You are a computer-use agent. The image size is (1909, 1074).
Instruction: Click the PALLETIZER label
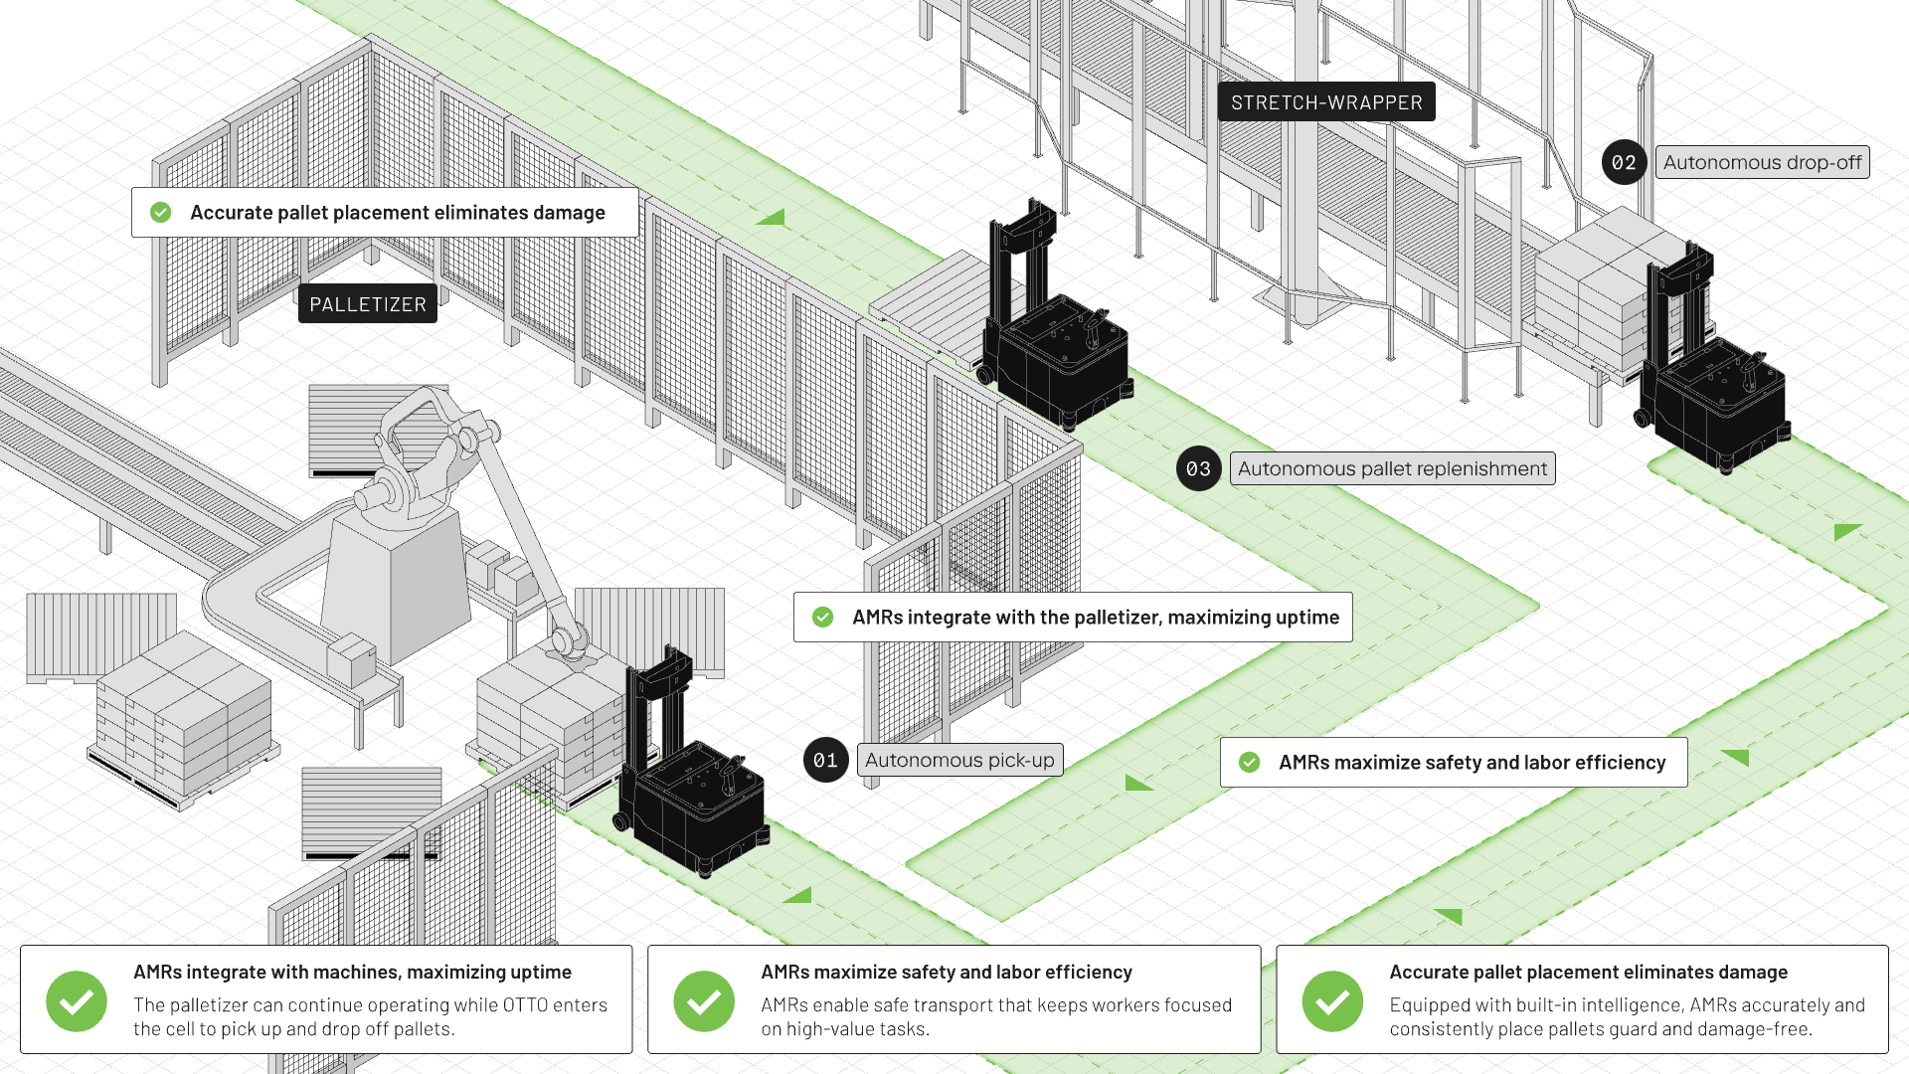(368, 304)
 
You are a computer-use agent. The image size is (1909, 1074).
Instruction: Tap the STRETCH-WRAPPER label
(1326, 102)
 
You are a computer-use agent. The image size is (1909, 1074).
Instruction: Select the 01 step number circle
(825, 761)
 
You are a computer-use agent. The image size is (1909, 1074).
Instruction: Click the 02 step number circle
(1624, 162)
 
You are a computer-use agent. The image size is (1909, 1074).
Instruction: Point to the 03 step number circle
(1198, 468)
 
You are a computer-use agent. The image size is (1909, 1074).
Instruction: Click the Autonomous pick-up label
(959, 761)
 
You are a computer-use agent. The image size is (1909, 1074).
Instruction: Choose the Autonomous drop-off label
(1762, 162)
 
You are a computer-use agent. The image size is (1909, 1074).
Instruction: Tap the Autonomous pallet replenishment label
(1392, 468)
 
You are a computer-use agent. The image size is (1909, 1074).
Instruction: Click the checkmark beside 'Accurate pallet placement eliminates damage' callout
(161, 213)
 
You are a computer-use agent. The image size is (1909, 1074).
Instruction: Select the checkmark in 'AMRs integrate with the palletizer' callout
(823, 618)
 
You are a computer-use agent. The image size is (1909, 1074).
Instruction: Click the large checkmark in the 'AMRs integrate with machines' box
(77, 1001)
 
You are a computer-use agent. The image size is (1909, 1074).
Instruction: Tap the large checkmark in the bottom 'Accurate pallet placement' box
(1332, 1001)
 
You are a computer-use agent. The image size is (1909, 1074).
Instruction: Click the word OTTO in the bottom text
(525, 1005)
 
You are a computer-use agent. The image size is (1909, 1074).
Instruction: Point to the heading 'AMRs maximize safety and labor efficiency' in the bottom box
(947, 973)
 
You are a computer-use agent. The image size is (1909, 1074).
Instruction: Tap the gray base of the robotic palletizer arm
(396, 587)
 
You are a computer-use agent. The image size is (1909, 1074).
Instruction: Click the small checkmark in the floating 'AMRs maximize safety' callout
(1250, 763)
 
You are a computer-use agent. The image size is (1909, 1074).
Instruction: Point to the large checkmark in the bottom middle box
(704, 1001)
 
